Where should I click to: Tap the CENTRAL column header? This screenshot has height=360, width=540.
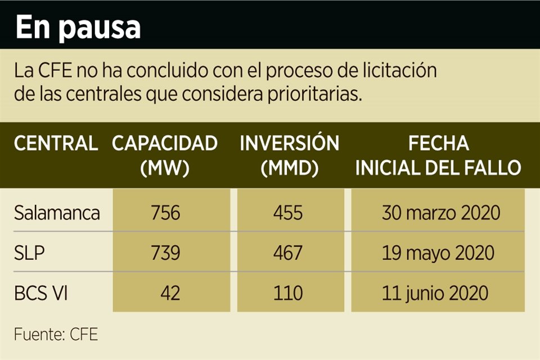56,143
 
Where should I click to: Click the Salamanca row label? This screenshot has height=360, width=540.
57,213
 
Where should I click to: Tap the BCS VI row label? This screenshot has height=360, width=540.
41,293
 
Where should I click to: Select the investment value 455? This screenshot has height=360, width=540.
289,213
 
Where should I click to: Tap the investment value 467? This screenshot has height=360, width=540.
289,253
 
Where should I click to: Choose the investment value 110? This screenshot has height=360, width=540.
289,293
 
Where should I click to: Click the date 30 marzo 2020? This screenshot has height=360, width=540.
441,213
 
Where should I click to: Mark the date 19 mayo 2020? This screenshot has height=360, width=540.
438,253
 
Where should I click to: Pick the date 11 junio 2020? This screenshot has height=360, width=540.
434,293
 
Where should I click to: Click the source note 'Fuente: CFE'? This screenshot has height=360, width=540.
56,335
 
